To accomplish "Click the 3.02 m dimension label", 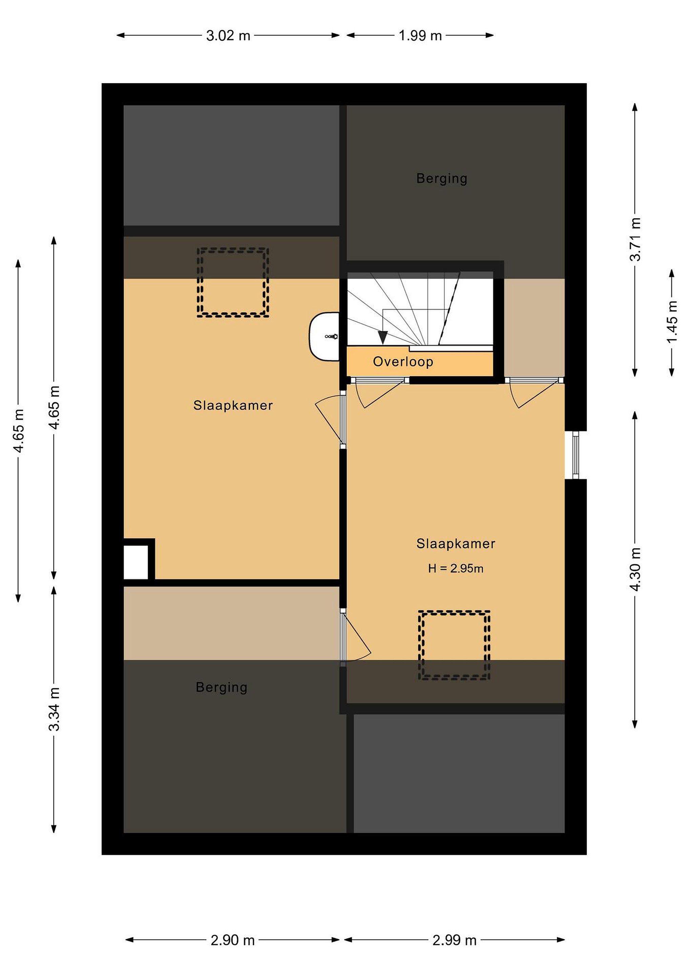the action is tap(228, 36).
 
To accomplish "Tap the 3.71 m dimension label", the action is tap(635, 239).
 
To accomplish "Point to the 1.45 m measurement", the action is tap(672, 322).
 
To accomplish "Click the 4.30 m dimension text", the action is tap(635, 569).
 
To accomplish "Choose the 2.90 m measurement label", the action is tap(232, 940).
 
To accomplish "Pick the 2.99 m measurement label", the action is tap(454, 940).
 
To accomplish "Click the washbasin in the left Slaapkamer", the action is tap(324, 337).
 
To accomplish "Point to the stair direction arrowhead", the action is tap(383, 338).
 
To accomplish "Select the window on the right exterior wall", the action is tap(576, 455).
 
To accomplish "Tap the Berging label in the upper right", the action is tap(441, 178).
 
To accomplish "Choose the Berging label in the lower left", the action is tap(221, 687).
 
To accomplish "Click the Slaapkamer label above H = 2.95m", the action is tap(456, 544).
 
